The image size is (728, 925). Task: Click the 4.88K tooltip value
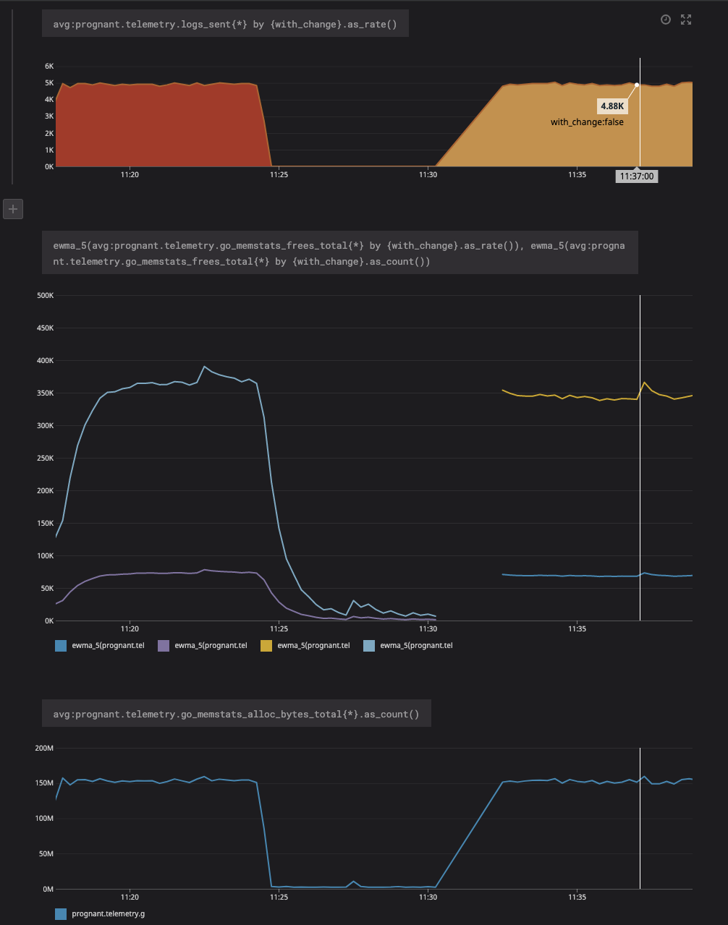tap(611, 106)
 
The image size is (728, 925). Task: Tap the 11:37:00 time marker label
tap(637, 176)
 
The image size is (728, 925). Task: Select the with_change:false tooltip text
tap(587, 122)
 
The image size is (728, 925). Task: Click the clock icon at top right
tap(666, 20)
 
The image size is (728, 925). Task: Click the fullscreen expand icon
tap(686, 20)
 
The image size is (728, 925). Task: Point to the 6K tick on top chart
tap(50, 66)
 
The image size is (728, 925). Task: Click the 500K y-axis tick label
tap(45, 295)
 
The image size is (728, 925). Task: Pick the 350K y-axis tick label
tap(45, 393)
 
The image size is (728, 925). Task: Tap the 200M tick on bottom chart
tap(45, 747)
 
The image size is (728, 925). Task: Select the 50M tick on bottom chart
tap(46, 853)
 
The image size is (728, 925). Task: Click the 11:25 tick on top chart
tap(279, 174)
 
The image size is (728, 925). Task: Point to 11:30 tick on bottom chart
tap(428, 897)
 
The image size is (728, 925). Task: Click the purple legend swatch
tap(163, 645)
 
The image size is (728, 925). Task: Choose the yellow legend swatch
tap(266, 645)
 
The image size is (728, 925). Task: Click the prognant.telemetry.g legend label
tap(109, 914)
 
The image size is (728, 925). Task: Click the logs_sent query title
tap(225, 25)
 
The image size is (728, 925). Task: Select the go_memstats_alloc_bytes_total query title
tap(236, 714)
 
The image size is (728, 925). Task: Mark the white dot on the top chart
tap(637, 85)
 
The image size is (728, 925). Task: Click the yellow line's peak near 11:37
tap(645, 382)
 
